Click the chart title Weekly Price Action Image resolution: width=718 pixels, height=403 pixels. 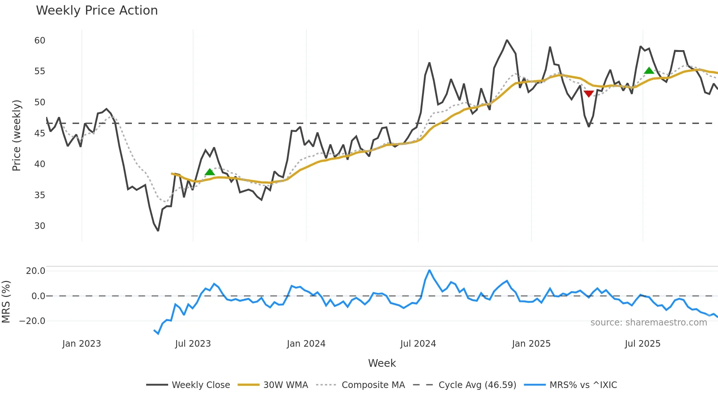click(97, 11)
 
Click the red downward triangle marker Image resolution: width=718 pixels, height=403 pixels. click(588, 94)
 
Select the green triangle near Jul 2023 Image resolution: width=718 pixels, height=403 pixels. click(210, 172)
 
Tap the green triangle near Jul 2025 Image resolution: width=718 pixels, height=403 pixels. click(649, 71)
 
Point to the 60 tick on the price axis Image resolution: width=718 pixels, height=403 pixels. click(40, 41)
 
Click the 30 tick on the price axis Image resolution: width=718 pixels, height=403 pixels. click(40, 226)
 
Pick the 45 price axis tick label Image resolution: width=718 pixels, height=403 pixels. click(40, 133)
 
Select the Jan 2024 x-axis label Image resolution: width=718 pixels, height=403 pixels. click(306, 344)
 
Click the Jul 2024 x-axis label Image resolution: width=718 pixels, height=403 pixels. click(418, 344)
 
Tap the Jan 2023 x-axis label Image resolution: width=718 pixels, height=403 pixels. click(81, 344)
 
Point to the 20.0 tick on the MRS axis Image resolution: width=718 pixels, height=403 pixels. click(36, 271)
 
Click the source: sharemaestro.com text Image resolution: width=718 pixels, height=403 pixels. click(648, 323)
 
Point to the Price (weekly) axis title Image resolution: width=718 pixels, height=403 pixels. click(16, 135)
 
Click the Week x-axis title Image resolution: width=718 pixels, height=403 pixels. click(382, 363)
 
